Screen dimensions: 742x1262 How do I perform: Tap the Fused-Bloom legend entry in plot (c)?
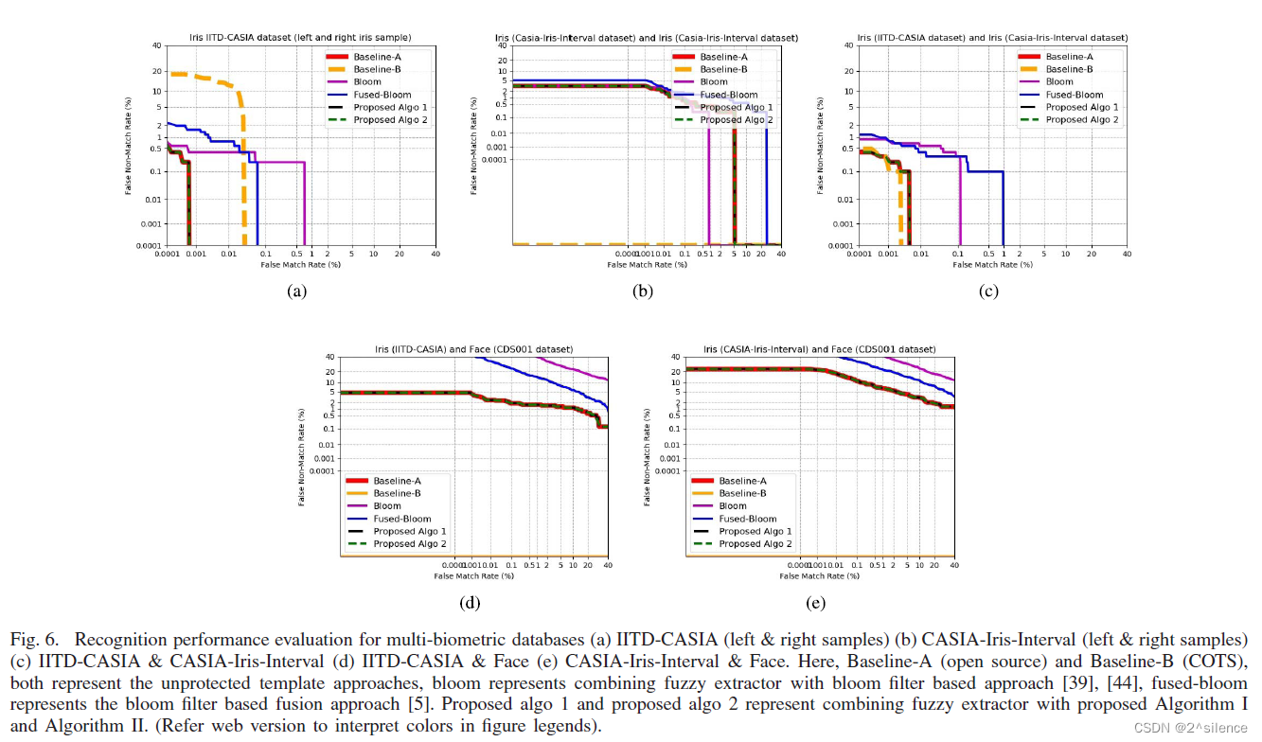[1074, 95]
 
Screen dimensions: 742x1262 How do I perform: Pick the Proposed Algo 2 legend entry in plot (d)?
[409, 544]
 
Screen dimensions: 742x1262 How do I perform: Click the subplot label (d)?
[470, 603]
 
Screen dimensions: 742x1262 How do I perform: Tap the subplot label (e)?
[815, 603]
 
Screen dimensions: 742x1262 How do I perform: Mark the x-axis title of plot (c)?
[992, 264]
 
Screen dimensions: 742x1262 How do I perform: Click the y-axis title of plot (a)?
[129, 146]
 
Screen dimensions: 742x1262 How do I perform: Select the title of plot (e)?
[819, 349]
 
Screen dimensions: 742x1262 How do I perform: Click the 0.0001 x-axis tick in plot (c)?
[860, 254]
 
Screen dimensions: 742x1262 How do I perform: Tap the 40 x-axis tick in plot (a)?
[435, 254]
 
